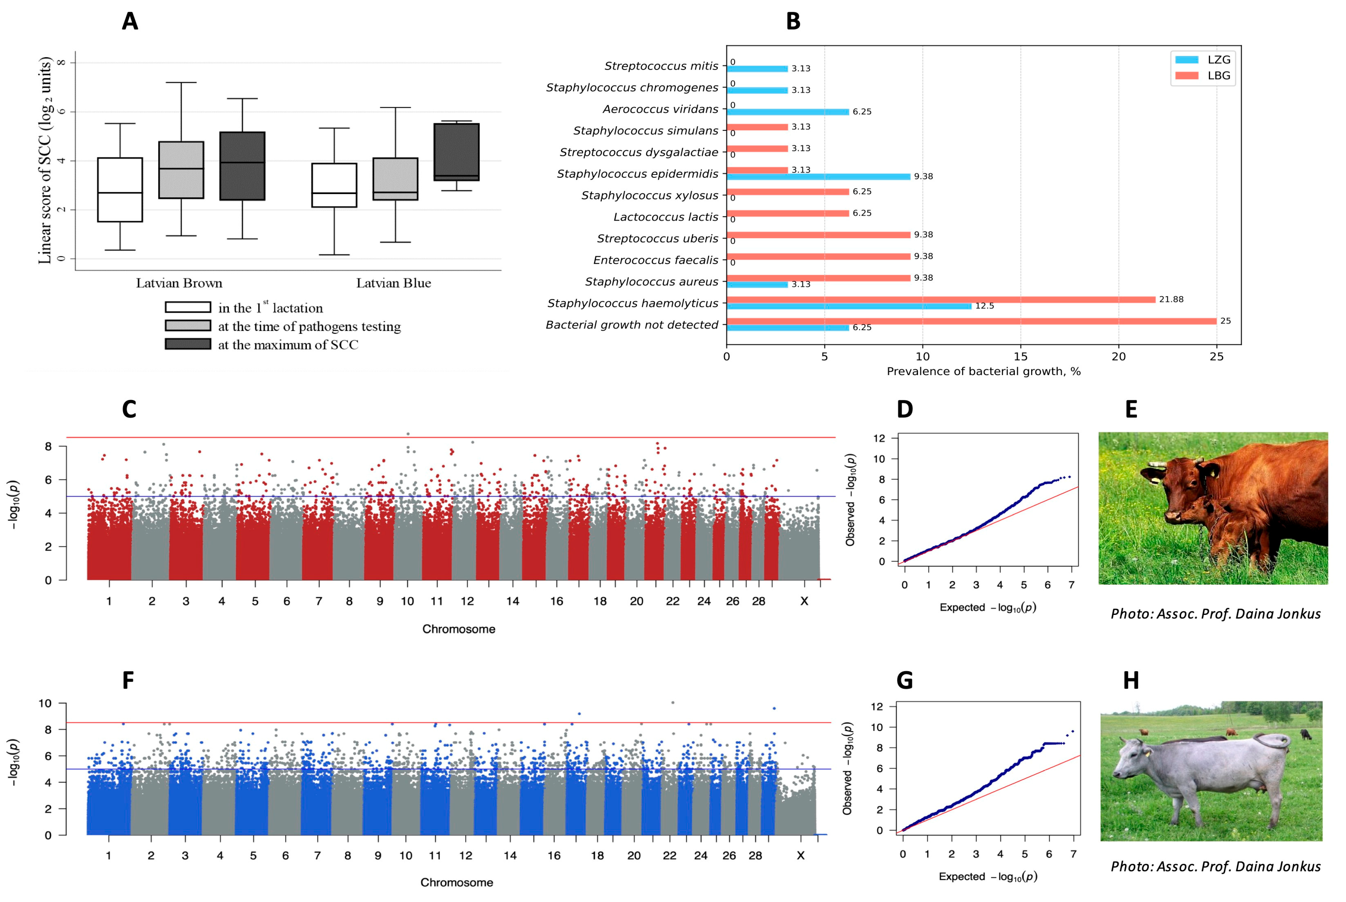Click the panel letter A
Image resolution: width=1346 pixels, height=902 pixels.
coord(130,21)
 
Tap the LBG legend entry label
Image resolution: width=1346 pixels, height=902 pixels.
coord(1218,75)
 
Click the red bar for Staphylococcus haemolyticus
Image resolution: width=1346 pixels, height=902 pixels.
coord(941,299)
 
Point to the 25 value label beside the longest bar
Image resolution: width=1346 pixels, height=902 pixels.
coord(1225,321)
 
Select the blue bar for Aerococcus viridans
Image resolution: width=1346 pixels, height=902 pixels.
coord(788,112)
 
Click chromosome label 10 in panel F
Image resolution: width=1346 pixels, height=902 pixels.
coord(406,855)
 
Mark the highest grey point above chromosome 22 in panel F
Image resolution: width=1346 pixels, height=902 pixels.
coord(673,702)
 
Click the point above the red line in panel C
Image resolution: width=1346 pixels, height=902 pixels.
coord(408,434)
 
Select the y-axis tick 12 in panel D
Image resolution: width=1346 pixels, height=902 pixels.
coord(879,438)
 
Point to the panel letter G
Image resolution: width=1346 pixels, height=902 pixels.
coord(905,680)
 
